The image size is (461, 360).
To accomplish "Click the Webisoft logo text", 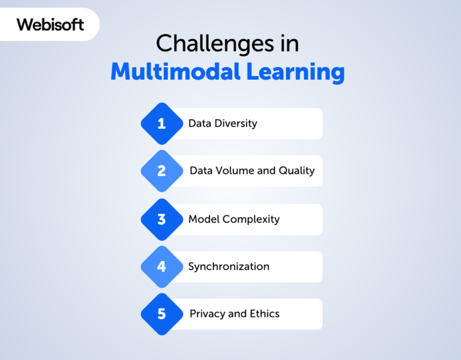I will [50, 25].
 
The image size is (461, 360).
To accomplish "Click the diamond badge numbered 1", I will [161, 124].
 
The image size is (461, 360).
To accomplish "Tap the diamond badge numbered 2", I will [161, 171].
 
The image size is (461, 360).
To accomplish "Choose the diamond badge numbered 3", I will [161, 220].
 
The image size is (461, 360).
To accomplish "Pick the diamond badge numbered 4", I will [161, 266].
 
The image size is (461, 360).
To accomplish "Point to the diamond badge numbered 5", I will [161, 314].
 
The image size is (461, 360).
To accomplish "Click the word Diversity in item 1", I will [236, 124].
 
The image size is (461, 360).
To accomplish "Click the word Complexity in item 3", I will [251, 220].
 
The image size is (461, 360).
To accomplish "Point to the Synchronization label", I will [229, 267].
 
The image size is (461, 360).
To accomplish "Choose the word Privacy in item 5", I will [206, 314].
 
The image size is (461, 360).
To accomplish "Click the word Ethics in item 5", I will [265, 314].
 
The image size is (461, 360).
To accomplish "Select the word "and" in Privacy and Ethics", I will [237, 314].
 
